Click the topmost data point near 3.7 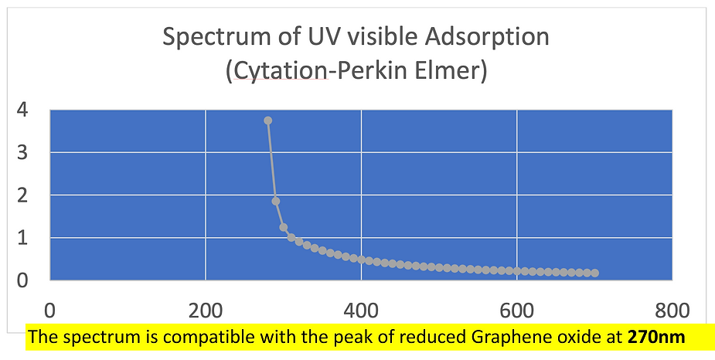267,121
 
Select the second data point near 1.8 276,201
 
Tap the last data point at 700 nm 594,273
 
